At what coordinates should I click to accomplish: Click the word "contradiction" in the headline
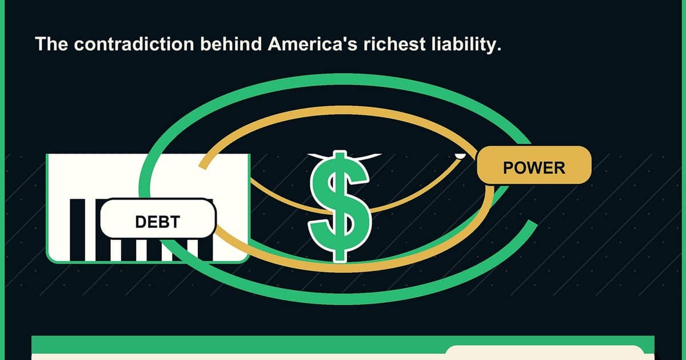click(x=134, y=44)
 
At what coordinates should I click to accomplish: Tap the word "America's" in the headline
click(x=313, y=44)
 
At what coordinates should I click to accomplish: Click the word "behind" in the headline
click(x=231, y=44)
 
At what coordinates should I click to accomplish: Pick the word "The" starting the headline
click(x=51, y=44)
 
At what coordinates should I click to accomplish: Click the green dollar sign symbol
click(x=340, y=206)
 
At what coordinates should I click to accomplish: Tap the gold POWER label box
click(x=534, y=165)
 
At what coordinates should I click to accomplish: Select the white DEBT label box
click(x=158, y=218)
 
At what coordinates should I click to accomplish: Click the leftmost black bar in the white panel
click(x=78, y=230)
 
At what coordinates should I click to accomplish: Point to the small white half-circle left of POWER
click(x=460, y=156)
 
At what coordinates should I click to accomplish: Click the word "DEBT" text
click(x=157, y=222)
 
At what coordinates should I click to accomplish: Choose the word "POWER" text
click(x=534, y=168)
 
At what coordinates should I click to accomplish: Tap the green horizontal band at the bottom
click(x=343, y=345)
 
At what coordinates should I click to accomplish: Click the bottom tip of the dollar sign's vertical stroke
click(x=340, y=262)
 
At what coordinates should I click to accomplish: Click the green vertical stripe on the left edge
click(x=2, y=180)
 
